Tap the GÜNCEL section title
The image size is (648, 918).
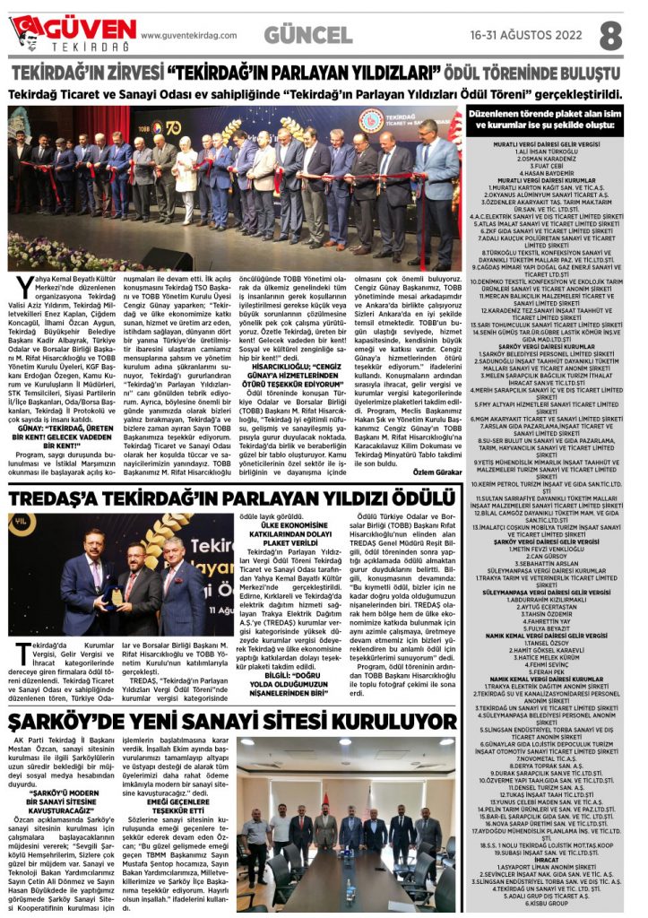click(308, 35)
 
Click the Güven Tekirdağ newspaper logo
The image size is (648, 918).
click(71, 34)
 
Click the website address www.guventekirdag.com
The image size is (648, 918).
click(189, 36)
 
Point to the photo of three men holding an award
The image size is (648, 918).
click(118, 573)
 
